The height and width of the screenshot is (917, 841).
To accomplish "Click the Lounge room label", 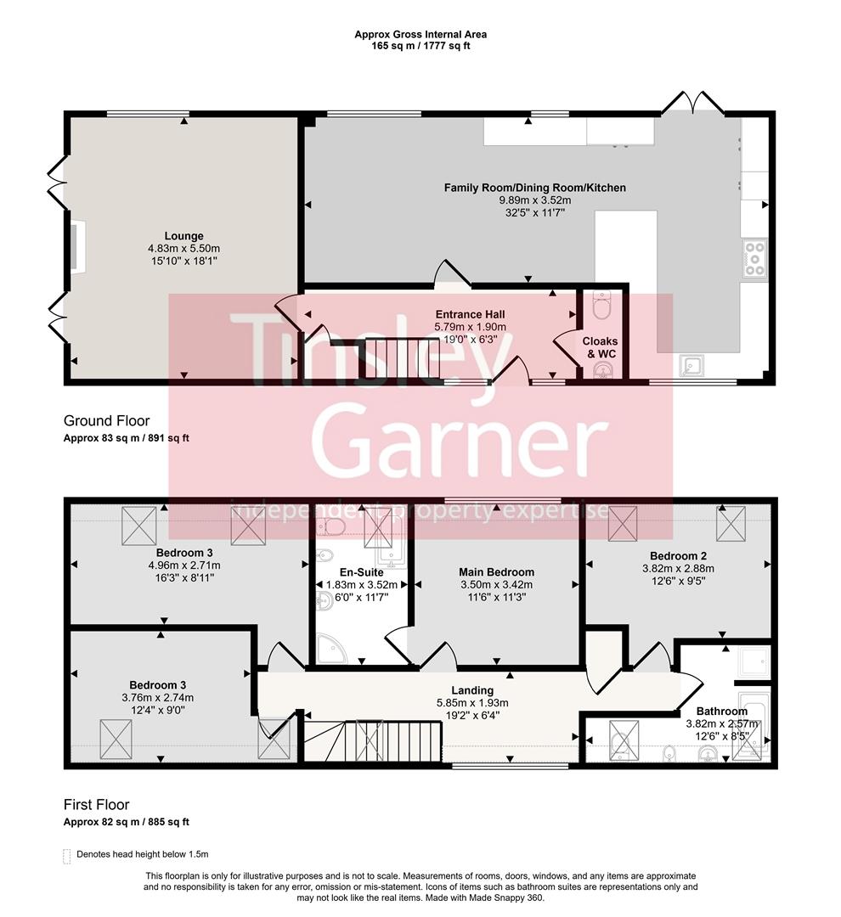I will coord(183,236).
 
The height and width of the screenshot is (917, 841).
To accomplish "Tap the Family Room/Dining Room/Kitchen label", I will coord(534,188).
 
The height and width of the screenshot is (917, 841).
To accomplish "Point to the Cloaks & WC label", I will coord(600,346).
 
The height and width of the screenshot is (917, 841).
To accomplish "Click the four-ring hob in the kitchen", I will coord(754,259).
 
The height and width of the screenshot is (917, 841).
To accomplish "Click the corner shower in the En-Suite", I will coord(327,649).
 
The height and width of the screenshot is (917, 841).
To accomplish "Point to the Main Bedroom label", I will coord(496,572).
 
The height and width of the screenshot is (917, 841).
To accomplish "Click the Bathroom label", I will coord(722,712).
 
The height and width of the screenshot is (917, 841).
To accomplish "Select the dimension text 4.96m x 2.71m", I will coord(183,565).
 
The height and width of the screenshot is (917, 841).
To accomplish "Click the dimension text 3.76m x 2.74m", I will coord(158,698).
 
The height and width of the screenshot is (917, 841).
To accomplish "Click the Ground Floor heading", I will coord(106,420).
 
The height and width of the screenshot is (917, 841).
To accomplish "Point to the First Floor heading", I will coord(96,804).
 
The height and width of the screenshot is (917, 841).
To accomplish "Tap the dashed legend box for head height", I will coord(67,856).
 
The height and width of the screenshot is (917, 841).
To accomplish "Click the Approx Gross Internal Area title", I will coord(420,35).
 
